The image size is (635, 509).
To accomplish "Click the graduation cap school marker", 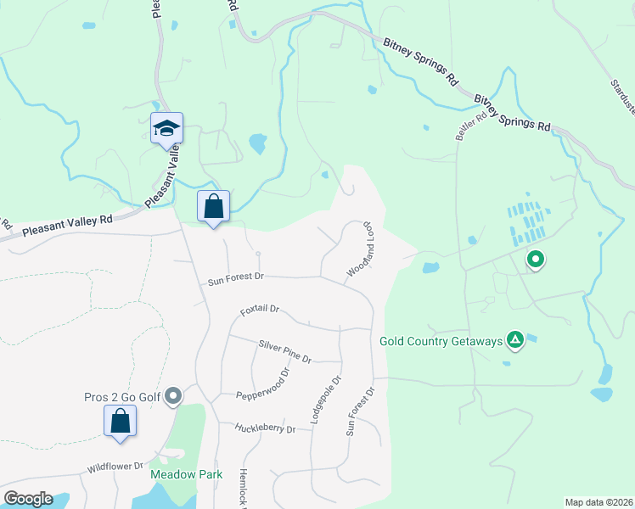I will pyautogui.click(x=166, y=128).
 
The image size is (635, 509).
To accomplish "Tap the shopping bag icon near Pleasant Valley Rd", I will pyautogui.click(x=213, y=206).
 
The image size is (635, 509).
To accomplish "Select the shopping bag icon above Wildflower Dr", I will pyautogui.click(x=120, y=421).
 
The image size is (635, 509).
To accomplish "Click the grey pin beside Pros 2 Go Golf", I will pyautogui.click(x=174, y=395).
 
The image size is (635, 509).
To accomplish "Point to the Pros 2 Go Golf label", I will pyautogui.click(x=124, y=396).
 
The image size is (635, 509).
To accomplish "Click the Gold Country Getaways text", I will pyautogui.click(x=441, y=341).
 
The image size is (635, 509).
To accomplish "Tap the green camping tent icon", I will pyautogui.click(x=514, y=340).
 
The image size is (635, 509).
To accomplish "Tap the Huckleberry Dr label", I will pyautogui.click(x=267, y=429).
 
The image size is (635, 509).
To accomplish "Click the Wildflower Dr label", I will pyautogui.click(x=115, y=467).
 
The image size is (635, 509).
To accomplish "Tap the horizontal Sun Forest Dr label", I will pyautogui.click(x=237, y=277).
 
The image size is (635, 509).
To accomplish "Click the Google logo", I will pyautogui.click(x=29, y=499).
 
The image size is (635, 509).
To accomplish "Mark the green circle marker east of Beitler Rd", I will pyautogui.click(x=535, y=259).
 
